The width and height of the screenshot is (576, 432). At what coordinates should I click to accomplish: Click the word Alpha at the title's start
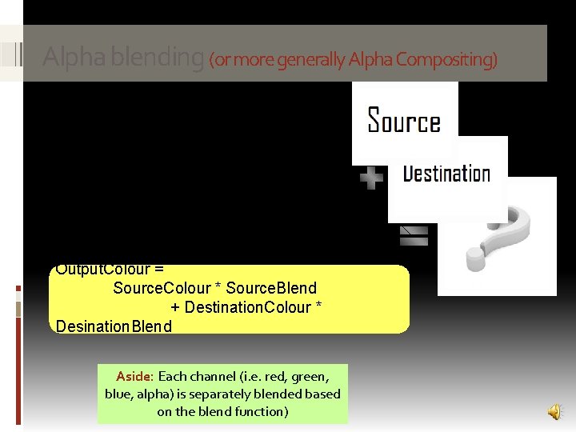67,58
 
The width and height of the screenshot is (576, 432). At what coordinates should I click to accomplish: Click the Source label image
404,122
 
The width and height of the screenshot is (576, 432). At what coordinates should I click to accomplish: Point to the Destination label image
446,174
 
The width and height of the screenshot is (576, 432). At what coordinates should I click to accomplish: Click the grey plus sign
371,178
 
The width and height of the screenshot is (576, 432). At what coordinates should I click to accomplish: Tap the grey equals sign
414,234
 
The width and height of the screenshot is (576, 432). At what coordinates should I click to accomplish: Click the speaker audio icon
554,411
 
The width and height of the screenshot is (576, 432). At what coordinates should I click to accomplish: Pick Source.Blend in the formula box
277,288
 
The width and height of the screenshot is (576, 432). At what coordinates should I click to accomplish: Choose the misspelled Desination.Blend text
114,326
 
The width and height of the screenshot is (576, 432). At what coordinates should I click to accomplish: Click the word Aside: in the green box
134,376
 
